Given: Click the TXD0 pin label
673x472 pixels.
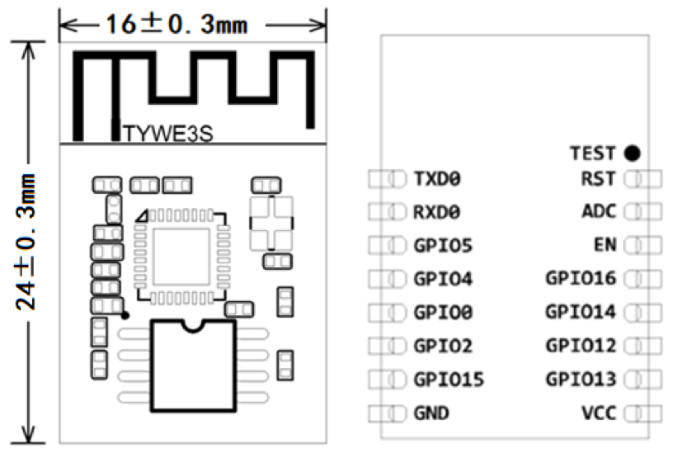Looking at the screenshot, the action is click(x=437, y=179).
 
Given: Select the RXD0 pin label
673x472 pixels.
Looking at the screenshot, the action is click(x=436, y=212).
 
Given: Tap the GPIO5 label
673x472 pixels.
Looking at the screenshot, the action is click(x=443, y=246).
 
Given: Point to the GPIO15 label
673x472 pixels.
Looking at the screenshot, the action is click(x=449, y=380).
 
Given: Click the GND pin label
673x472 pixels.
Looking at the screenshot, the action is click(x=431, y=413).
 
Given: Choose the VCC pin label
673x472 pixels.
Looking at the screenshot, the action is click(x=599, y=413).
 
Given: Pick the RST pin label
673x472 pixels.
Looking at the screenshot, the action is click(x=598, y=179).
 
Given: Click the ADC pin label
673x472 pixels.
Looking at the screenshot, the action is click(x=599, y=211).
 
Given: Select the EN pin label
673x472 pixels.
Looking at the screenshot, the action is click(x=605, y=245).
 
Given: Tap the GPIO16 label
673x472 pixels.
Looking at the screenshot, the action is click(x=581, y=278).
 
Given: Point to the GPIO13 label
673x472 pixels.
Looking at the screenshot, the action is click(x=581, y=380).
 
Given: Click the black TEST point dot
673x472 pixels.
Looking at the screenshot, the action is click(x=633, y=153).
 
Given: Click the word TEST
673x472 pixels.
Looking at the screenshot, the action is click(x=593, y=153).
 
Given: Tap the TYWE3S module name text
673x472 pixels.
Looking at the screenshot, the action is click(x=167, y=134).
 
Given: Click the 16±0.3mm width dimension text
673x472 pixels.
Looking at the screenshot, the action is click(x=176, y=25).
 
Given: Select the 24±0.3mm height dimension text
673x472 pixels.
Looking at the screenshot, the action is click(x=26, y=243).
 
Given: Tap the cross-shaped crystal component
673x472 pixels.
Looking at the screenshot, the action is click(x=271, y=224).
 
